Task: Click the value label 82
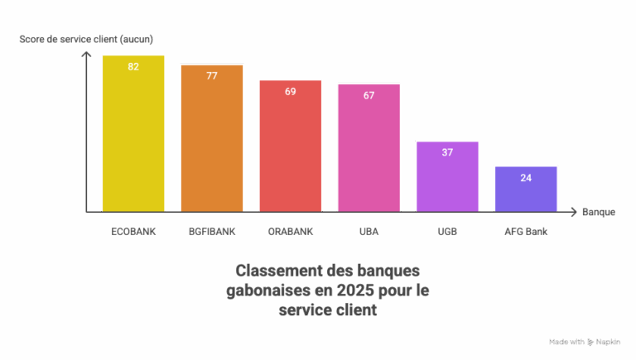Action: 133,66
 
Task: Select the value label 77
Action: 212,75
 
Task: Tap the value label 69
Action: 291,91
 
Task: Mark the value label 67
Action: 369,95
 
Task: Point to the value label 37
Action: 447,152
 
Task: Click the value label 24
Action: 526,177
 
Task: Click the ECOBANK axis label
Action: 133,232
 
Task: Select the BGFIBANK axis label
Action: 212,232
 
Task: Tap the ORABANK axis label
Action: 291,232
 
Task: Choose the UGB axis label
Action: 447,232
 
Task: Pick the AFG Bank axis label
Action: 526,232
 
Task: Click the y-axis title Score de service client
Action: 86,39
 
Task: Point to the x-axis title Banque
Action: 598,212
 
